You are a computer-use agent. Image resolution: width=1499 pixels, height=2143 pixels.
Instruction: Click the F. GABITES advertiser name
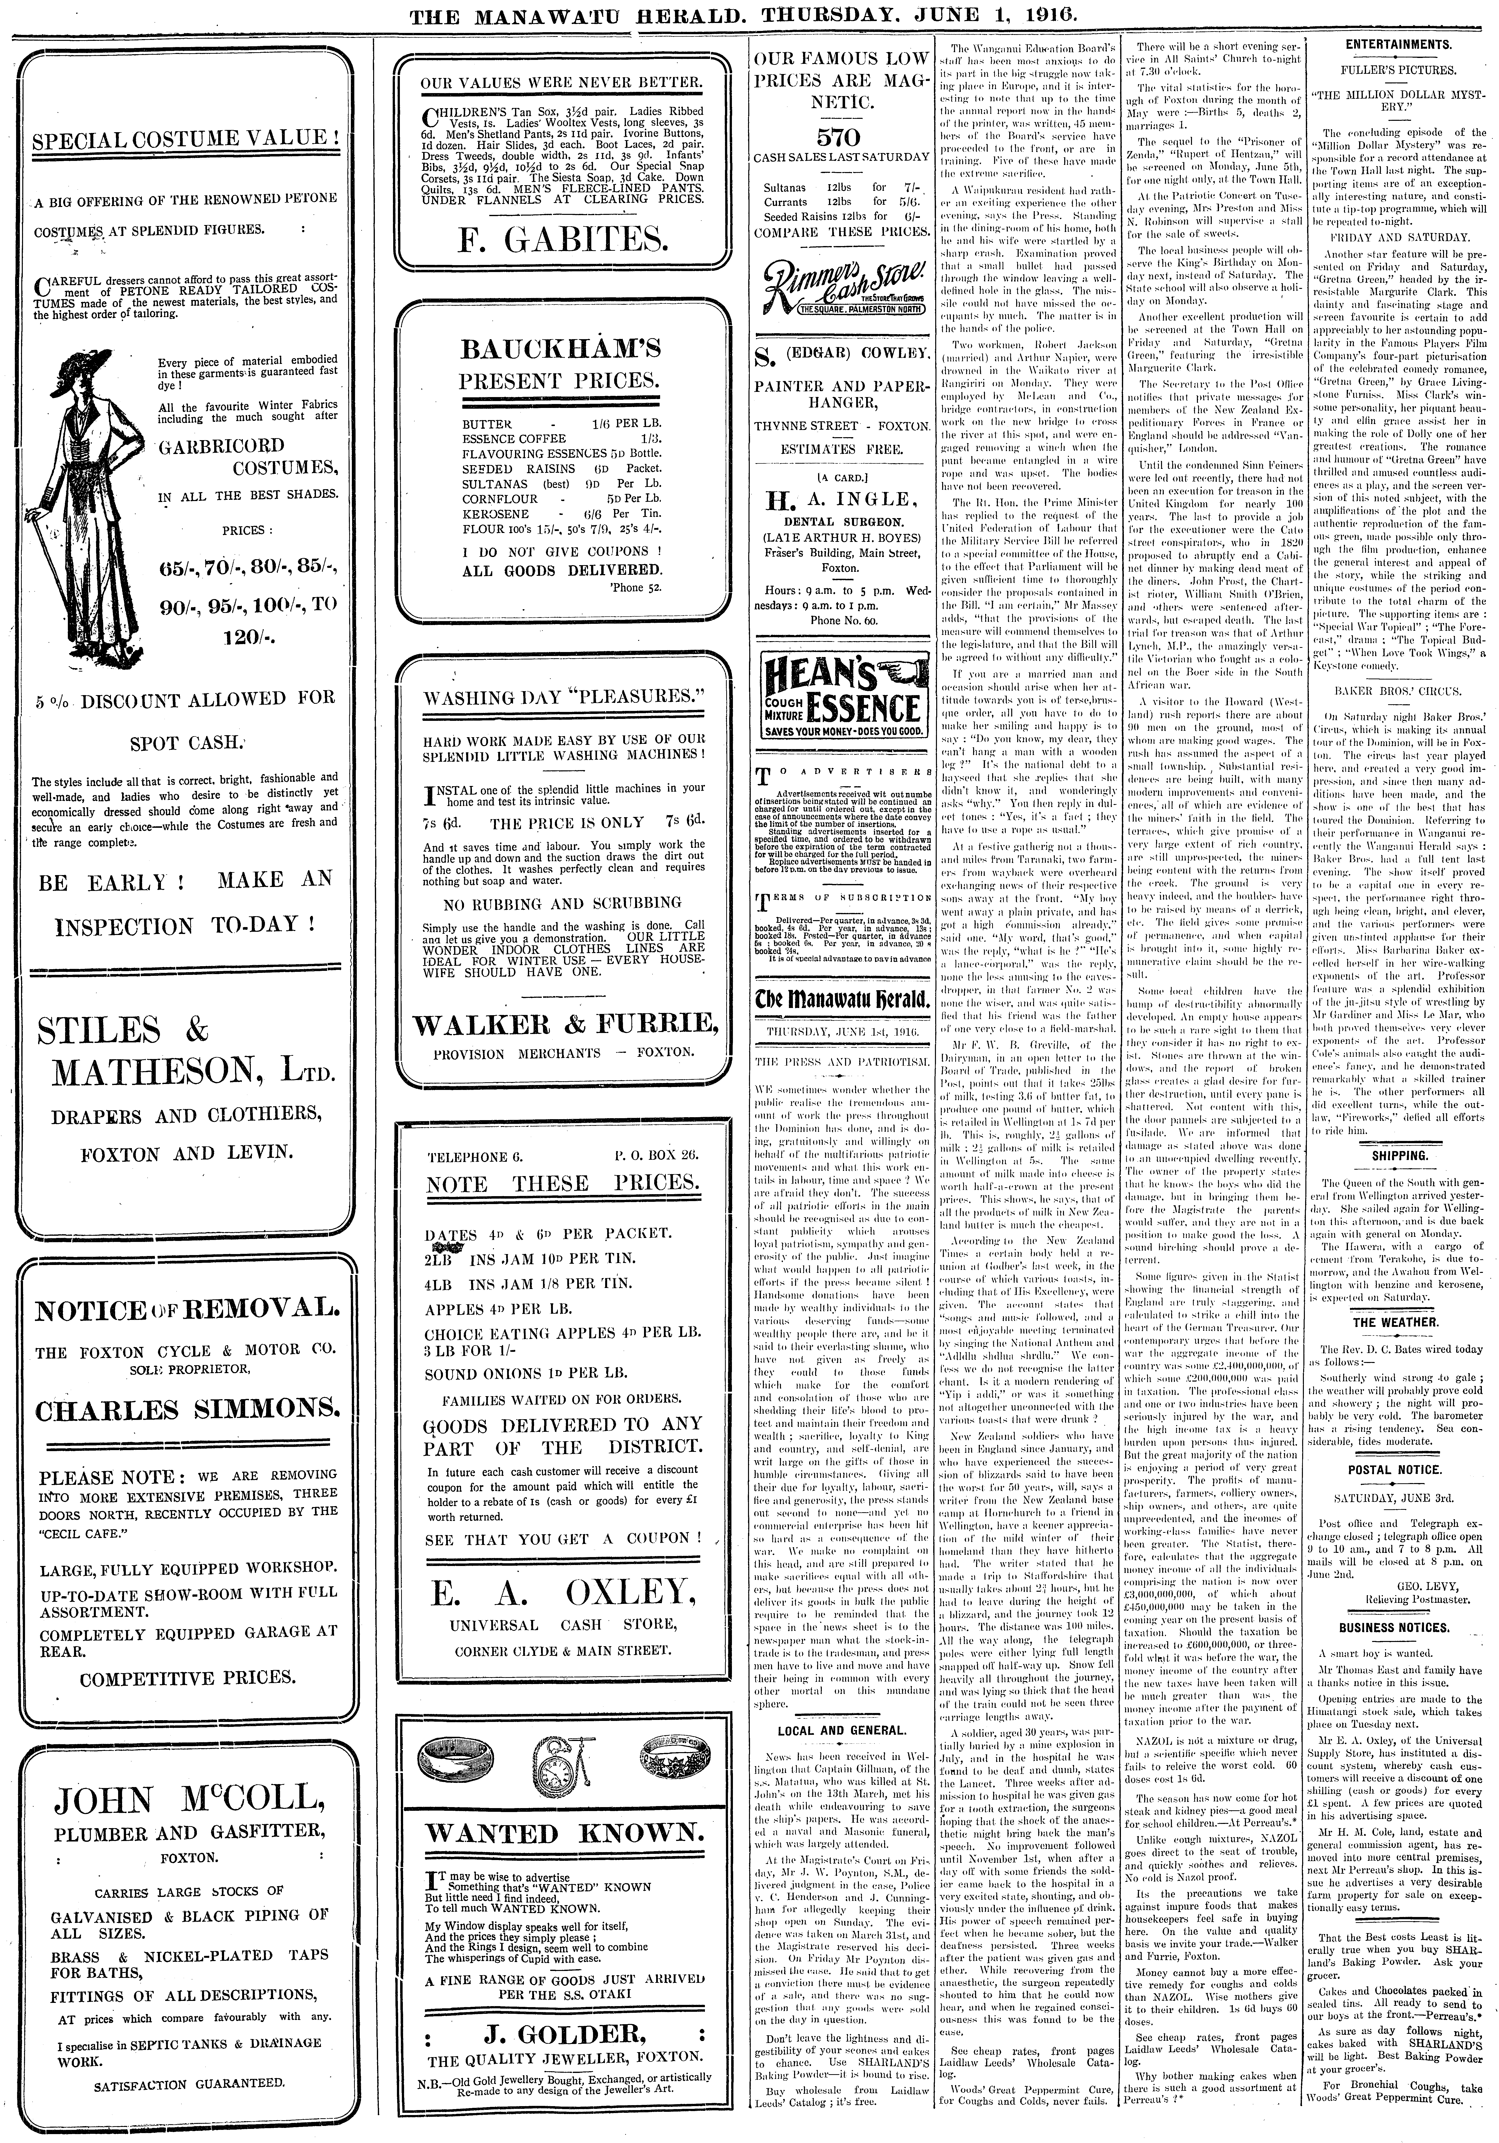[562, 241]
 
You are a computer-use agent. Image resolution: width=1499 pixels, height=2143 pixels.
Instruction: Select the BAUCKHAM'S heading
[561, 349]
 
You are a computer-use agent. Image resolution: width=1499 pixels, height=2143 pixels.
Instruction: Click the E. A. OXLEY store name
[562, 1593]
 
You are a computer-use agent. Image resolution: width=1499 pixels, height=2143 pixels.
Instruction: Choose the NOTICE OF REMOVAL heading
[187, 1311]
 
